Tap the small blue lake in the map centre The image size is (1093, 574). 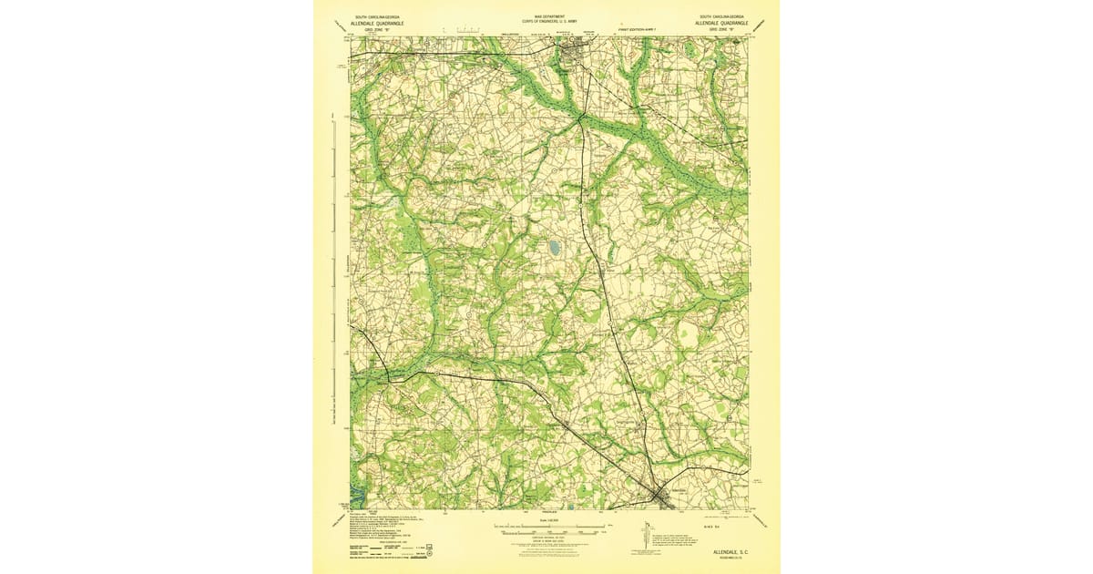[554, 247]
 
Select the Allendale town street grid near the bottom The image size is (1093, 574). [659, 495]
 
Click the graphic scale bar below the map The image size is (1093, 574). [546, 526]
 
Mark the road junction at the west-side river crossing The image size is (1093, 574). [389, 375]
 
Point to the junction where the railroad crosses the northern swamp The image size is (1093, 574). [580, 117]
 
